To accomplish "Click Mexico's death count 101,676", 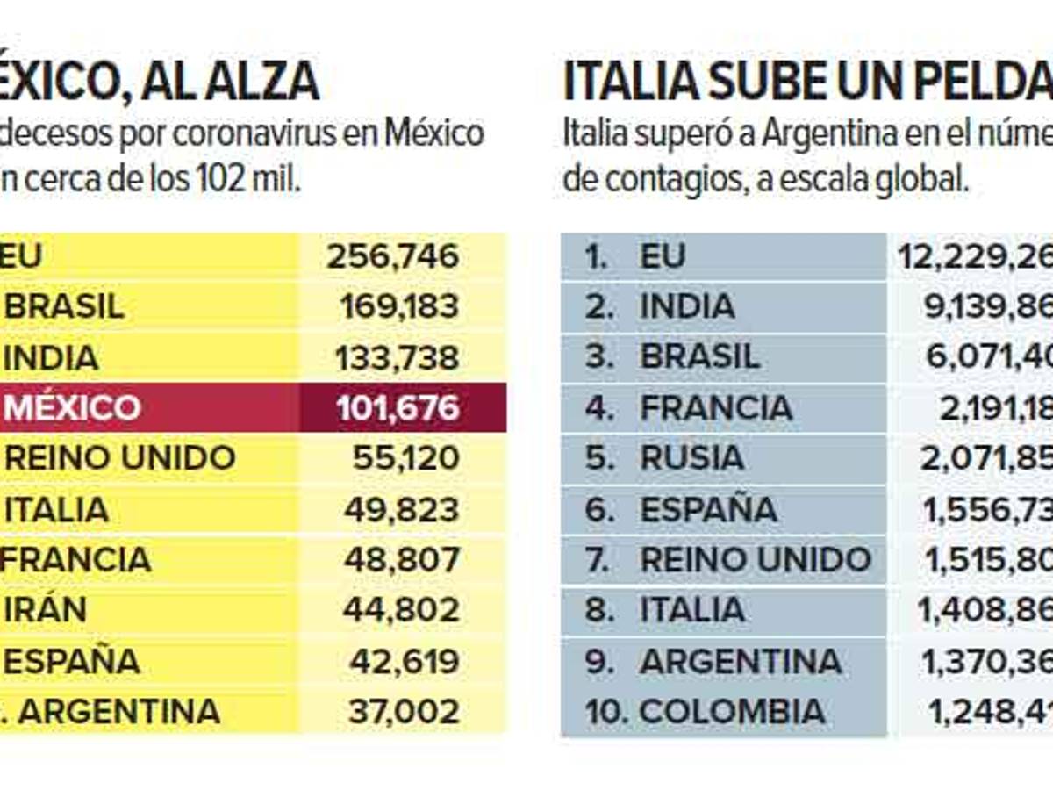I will (398, 408).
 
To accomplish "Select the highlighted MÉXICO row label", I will (72, 408).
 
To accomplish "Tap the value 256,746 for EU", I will (392, 256).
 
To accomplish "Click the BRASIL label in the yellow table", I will (64, 306).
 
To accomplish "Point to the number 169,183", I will (398, 306).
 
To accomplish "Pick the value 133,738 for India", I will (397, 357).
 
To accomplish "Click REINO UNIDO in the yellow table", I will (119, 458).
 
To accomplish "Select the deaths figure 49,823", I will (401, 509).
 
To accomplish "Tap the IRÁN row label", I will (46, 610).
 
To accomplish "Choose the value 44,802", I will (401, 610).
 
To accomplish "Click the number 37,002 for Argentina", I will (404, 711).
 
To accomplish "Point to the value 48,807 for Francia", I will (401, 559).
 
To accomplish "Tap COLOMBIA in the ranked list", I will (732, 711).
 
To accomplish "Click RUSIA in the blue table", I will (691, 458).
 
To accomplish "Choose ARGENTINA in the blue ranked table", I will (741, 661).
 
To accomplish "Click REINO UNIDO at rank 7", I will (755, 559).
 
